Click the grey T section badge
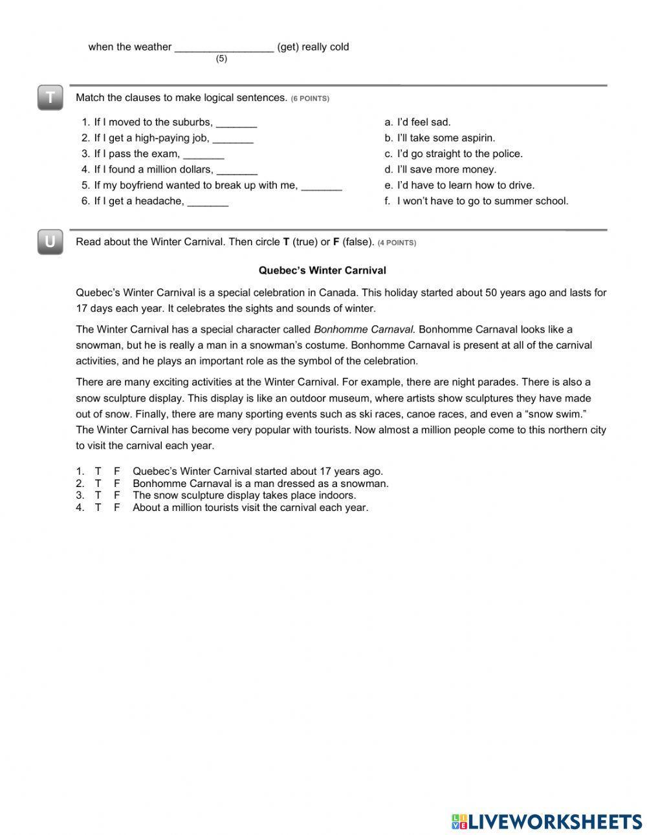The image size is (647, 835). click(x=50, y=98)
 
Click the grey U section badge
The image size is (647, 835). click(x=50, y=242)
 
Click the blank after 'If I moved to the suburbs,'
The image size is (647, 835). click(x=236, y=122)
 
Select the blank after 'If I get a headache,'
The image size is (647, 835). click(x=208, y=201)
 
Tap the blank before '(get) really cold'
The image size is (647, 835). click(x=224, y=47)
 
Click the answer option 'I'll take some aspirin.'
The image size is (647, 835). click(x=446, y=138)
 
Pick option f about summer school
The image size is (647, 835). click(x=482, y=201)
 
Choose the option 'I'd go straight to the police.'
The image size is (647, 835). click(x=459, y=154)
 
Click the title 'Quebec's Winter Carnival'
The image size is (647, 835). click(x=322, y=270)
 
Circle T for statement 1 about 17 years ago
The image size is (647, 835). click(x=98, y=472)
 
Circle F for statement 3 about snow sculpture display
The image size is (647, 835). click(x=117, y=495)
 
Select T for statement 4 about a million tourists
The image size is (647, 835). click(x=98, y=508)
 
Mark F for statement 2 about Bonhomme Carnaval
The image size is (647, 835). click(x=117, y=484)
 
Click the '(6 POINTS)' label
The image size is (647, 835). click(x=310, y=99)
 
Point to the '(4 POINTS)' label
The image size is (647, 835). click(x=397, y=243)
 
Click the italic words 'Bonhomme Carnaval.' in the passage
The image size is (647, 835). click(x=364, y=329)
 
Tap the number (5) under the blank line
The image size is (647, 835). click(x=221, y=59)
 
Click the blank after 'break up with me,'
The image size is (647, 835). click(x=322, y=186)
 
